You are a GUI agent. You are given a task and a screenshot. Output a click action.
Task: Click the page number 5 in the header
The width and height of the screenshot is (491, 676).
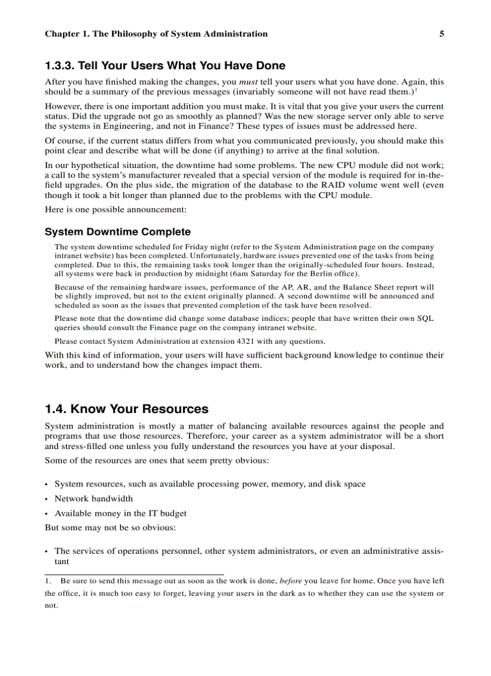tap(442, 34)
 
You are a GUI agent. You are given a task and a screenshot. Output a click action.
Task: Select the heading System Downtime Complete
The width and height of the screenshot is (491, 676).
tap(118, 232)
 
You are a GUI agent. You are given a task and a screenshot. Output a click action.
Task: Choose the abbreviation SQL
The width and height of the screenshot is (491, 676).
tap(425, 318)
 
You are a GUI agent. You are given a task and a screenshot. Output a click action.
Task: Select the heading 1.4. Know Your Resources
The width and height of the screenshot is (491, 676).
tap(126, 409)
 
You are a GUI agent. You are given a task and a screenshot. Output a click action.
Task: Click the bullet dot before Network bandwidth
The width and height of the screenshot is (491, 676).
tap(47, 499)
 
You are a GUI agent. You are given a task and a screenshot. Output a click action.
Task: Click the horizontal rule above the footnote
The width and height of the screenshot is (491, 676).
tap(134, 574)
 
